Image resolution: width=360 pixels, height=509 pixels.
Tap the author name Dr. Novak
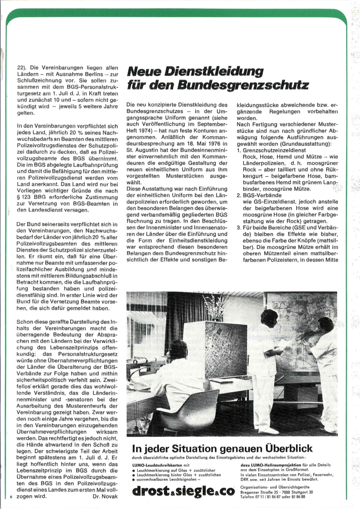click(106, 497)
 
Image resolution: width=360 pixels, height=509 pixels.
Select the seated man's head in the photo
click(179, 350)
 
